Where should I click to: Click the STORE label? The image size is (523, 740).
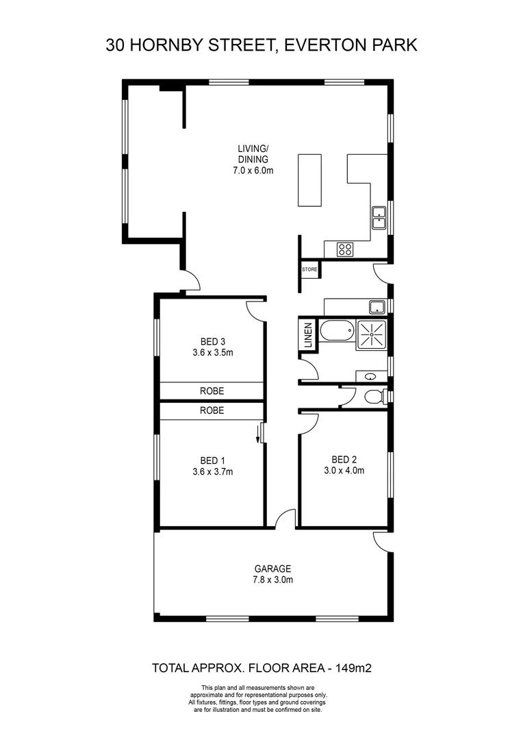point(309,269)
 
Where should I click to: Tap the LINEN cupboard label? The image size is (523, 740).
point(308,336)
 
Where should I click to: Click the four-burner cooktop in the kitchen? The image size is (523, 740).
point(344,250)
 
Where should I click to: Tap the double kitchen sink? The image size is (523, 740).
point(379,217)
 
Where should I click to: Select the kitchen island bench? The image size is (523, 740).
point(309,180)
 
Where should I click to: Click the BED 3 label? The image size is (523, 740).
point(212,341)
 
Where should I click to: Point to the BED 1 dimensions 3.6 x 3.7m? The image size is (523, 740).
point(212,471)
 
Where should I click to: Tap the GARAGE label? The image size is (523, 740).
point(273,568)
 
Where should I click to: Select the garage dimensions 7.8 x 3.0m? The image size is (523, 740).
point(273,580)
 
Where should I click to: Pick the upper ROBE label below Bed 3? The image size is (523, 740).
point(212,391)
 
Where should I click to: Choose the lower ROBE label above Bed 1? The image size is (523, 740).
point(212,410)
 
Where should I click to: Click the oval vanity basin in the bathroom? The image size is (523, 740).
point(370,376)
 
